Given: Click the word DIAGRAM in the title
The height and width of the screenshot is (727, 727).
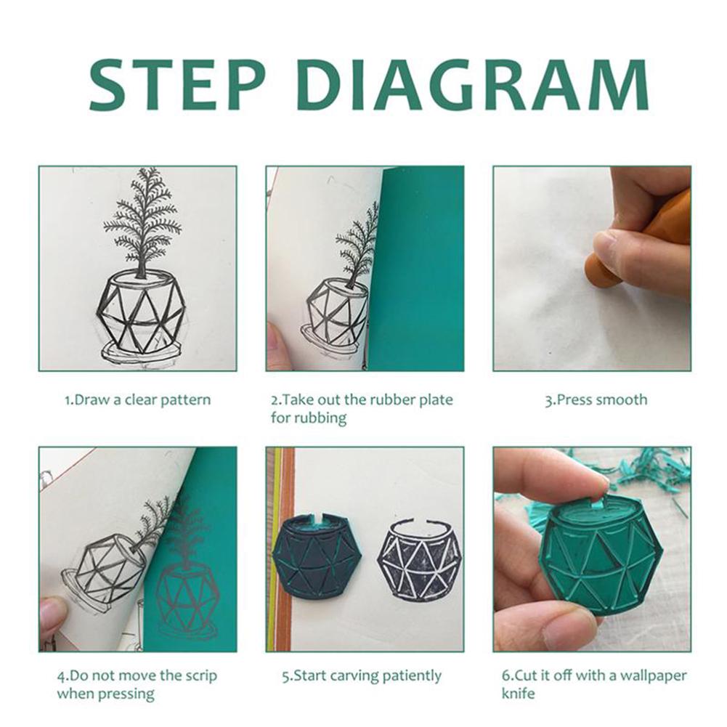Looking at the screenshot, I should tap(472, 84).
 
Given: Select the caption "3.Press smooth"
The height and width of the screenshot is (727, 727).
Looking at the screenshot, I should tap(596, 399).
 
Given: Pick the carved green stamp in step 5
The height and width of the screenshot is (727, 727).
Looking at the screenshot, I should tap(317, 556).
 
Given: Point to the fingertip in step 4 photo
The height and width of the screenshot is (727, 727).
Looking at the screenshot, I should tap(52, 614).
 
